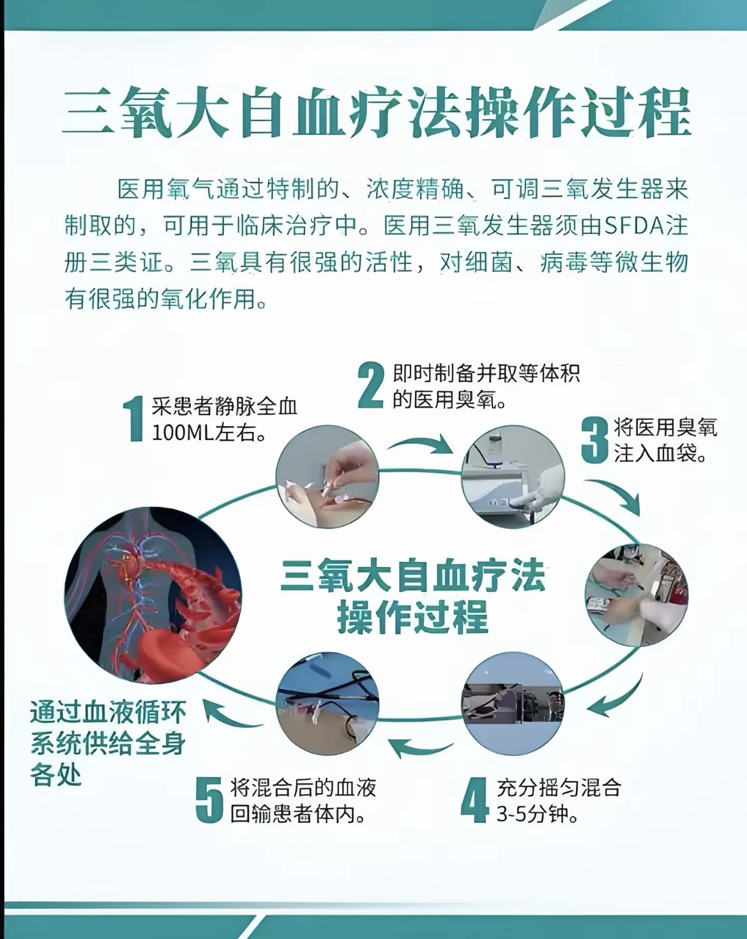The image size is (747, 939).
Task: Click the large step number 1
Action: [135, 418]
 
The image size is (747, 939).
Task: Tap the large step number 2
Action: [371, 385]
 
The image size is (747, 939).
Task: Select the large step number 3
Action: [594, 440]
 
